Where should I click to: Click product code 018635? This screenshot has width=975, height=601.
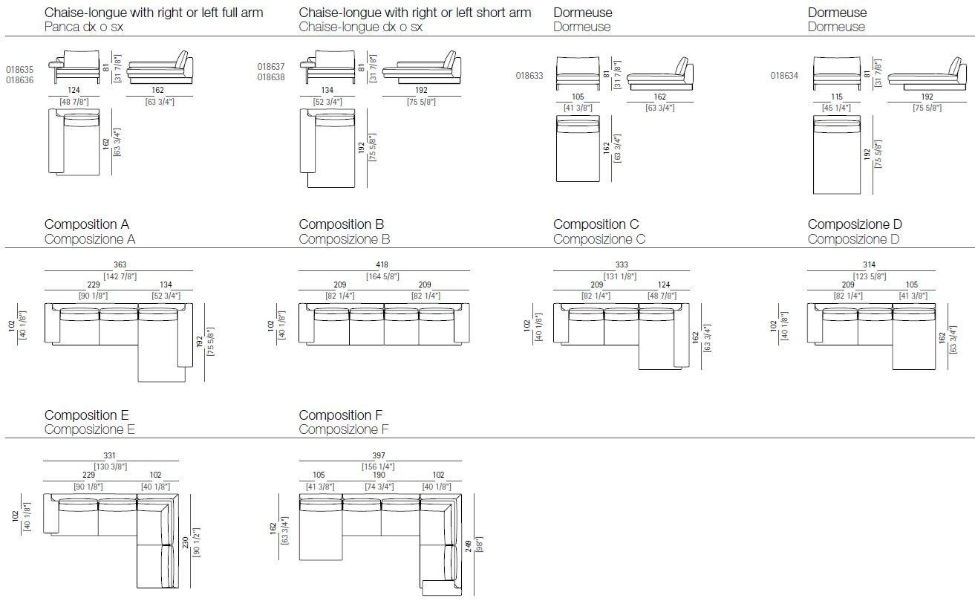tap(19, 69)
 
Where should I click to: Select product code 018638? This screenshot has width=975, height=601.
tap(271, 77)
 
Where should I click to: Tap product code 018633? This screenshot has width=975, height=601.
tap(529, 75)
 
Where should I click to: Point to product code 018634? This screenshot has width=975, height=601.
tap(783, 75)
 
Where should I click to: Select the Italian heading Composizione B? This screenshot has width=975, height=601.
tap(344, 239)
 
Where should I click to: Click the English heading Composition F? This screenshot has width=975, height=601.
tap(340, 415)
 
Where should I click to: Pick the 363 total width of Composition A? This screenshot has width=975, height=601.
tap(120, 264)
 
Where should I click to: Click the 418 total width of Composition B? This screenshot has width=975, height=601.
tap(382, 264)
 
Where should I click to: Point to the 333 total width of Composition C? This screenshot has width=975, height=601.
tap(621, 264)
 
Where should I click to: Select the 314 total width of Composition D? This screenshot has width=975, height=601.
tap(870, 264)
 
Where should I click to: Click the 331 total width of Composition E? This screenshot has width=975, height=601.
tap(110, 456)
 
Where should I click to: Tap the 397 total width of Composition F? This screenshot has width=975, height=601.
tap(379, 456)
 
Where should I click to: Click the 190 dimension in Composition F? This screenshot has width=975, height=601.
tap(378, 475)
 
